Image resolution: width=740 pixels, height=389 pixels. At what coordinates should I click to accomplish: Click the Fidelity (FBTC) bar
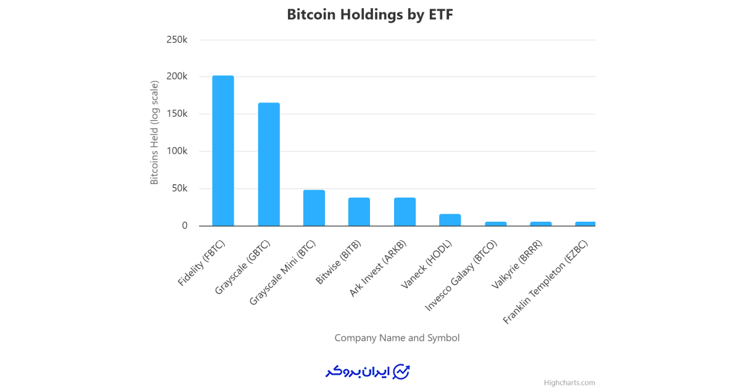(223, 151)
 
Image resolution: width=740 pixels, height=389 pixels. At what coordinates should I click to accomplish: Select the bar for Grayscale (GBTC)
(268, 164)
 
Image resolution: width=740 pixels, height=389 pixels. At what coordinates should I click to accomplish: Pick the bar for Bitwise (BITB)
(359, 212)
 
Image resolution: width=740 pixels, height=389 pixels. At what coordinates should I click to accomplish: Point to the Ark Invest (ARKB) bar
(405, 212)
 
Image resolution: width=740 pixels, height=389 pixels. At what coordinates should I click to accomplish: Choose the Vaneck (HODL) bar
(450, 220)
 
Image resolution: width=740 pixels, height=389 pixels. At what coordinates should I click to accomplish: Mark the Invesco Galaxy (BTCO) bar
(495, 224)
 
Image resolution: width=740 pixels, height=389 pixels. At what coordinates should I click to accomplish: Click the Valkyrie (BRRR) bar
(541, 224)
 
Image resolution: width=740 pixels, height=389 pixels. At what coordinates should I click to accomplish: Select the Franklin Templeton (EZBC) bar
(585, 224)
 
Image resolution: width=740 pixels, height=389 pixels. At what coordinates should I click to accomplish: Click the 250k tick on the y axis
(177, 40)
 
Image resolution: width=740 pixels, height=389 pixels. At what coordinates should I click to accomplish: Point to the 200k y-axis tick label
(177, 77)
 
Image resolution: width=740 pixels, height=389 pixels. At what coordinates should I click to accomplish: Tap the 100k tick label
(177, 151)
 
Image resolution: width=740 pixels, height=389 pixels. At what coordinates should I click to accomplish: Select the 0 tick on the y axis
(184, 226)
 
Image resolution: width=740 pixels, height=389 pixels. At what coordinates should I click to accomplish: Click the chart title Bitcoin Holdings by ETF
(370, 15)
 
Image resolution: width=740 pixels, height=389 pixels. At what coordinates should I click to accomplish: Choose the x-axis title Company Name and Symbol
(397, 338)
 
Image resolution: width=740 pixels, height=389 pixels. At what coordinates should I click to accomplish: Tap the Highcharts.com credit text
(569, 383)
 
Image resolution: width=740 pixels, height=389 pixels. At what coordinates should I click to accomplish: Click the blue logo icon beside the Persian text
(401, 371)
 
